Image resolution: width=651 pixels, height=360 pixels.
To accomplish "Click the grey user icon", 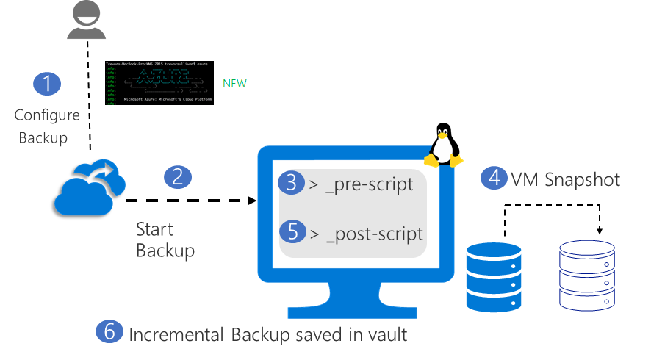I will click(x=87, y=21).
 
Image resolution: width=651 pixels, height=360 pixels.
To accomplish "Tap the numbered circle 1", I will click(x=48, y=83).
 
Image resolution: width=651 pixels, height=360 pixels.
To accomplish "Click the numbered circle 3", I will click(x=292, y=184).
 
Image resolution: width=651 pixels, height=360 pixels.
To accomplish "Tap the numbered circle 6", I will click(x=109, y=331).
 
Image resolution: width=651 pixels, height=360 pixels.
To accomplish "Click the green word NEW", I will click(x=234, y=84).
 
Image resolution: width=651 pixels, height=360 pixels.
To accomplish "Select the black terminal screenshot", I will click(x=159, y=83).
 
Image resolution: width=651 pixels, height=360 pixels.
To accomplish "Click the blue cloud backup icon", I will click(x=87, y=187).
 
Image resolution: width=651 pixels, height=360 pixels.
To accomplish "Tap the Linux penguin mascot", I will click(x=444, y=145).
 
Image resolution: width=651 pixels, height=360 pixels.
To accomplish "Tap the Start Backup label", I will click(x=165, y=240).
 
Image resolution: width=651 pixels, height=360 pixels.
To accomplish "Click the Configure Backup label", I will click(x=47, y=126).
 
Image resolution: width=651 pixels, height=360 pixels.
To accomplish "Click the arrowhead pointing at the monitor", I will click(x=251, y=200).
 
